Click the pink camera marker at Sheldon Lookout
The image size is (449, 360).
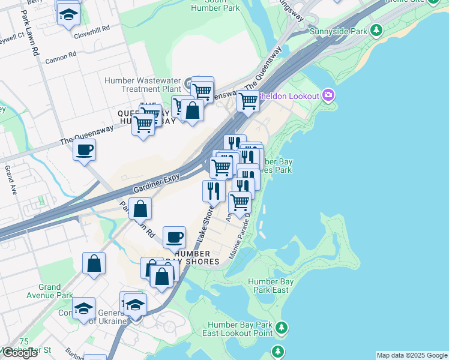(328, 95)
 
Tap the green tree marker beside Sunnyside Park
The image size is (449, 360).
(376, 29)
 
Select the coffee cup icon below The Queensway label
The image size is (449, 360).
(85, 149)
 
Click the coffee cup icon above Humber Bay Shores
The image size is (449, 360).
(174, 237)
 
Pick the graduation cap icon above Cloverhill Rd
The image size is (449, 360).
(69, 15)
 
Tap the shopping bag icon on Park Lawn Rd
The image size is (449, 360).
(140, 209)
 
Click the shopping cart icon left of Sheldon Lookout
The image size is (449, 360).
(247, 101)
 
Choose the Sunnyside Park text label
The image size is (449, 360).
(338, 31)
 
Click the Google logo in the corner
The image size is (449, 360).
(19, 353)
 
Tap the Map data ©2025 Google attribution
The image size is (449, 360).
(411, 355)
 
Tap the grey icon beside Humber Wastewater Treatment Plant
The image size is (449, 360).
(188, 82)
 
